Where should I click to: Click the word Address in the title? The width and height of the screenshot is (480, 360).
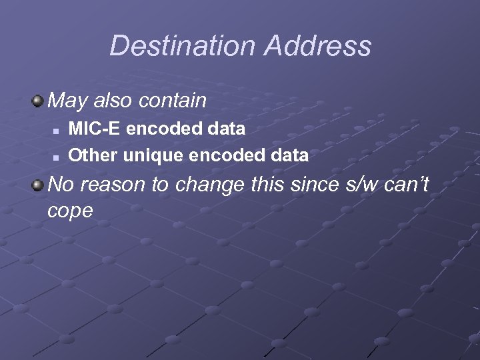(x=317, y=46)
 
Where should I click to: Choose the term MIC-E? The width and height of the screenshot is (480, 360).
(x=95, y=128)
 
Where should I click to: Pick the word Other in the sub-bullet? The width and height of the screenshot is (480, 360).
(x=93, y=155)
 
